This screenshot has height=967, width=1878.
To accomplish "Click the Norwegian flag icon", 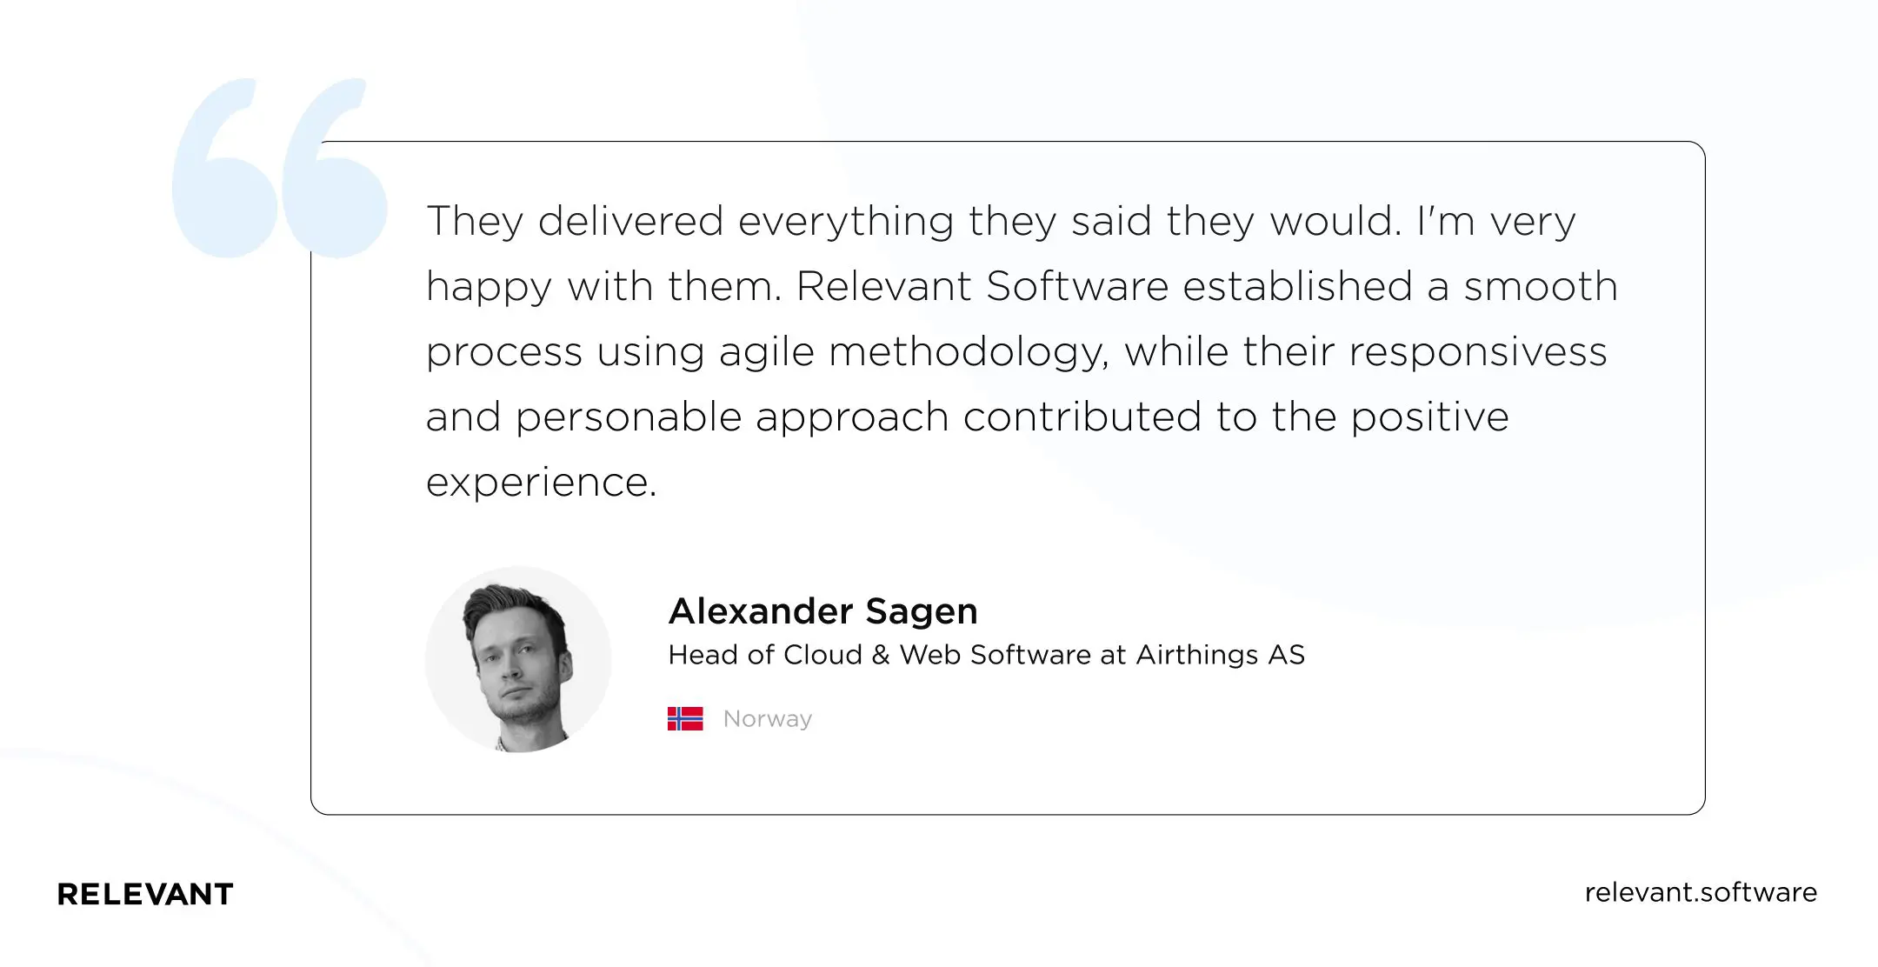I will click(685, 718).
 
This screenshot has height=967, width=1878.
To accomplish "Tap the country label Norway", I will click(768, 719).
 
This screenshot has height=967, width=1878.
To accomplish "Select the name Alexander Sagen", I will click(822, 611).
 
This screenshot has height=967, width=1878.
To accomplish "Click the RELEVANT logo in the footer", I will click(145, 894).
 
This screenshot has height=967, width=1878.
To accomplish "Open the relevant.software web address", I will click(1701, 892).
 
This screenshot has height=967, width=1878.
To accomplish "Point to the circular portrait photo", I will click(518, 659).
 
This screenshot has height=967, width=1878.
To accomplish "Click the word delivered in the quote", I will click(630, 221).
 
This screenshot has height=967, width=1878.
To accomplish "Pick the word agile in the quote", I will click(767, 352).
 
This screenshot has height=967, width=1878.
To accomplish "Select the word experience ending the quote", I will click(540, 483).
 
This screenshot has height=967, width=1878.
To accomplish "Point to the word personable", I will click(628, 417).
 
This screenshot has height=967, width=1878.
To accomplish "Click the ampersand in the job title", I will click(881, 655).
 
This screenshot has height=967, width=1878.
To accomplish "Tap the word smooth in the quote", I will click(1540, 286).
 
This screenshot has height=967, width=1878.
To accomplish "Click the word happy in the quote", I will click(489, 288).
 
